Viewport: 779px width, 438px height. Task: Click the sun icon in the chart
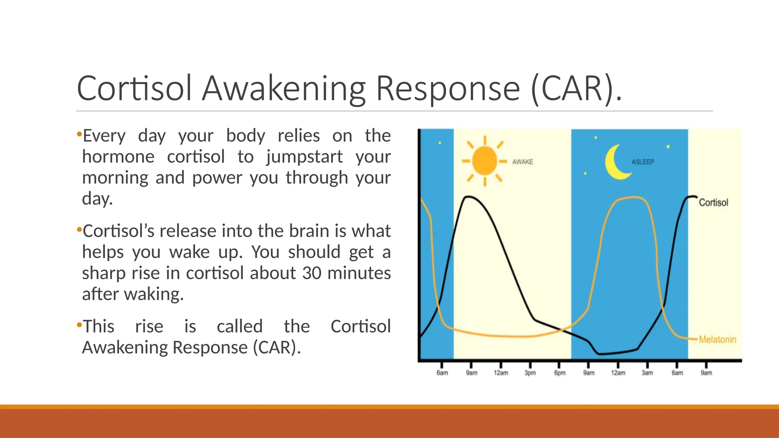pos(485,161)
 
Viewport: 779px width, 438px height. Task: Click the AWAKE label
pos(522,162)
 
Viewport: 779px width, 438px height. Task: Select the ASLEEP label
pos(643,162)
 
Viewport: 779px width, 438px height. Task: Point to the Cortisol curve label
pos(713,203)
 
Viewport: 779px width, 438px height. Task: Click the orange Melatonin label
pos(717,340)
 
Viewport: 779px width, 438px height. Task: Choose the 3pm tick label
pos(530,373)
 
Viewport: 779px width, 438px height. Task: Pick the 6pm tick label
pos(560,373)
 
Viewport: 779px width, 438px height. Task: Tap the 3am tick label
pos(647,373)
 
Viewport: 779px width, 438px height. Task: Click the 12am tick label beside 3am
pos(618,373)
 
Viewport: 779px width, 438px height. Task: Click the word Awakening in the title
pos(284,89)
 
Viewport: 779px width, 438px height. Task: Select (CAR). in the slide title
pos(576,89)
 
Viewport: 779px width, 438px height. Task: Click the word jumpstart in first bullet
pos(304,157)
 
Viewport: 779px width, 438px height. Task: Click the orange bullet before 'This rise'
pos(79,325)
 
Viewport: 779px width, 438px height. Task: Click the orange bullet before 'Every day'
pos(79,134)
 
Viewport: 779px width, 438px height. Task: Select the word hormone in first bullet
pos(118,157)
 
